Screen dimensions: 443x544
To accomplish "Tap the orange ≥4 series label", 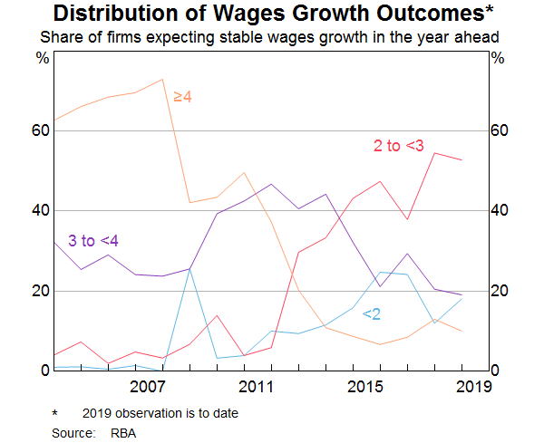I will (x=182, y=96).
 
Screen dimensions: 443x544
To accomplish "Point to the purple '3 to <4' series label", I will (x=93, y=240).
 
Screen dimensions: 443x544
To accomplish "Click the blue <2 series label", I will (x=372, y=313).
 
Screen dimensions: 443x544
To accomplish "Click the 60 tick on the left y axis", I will (x=39, y=130).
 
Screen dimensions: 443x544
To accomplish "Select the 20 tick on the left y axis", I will (x=39, y=291).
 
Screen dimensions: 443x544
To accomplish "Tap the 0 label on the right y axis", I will (x=494, y=371).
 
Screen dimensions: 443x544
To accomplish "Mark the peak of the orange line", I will (x=162, y=80).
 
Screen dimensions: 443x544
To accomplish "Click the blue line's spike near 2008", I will (x=189, y=268).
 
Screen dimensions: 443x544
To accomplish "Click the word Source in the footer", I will (x=73, y=434).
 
